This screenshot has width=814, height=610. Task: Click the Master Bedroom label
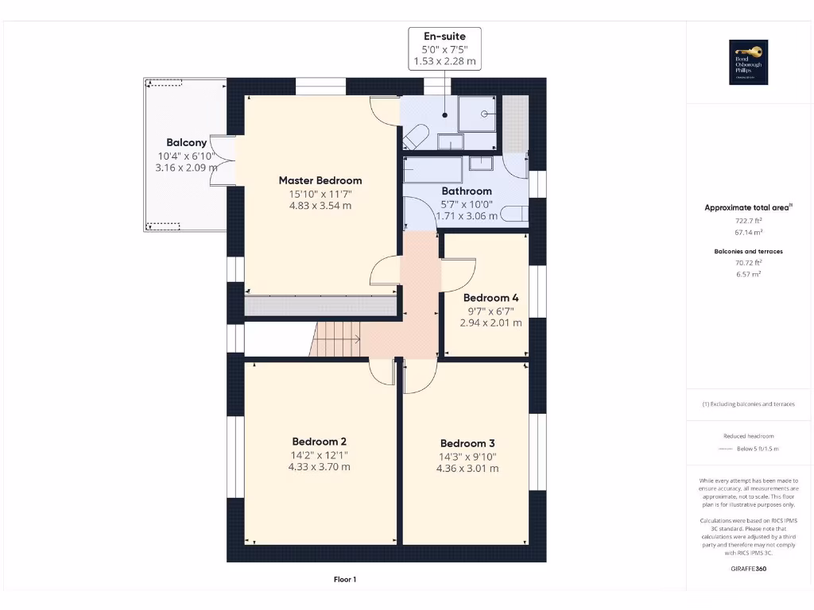(320, 180)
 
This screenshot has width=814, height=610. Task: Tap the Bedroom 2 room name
(319, 442)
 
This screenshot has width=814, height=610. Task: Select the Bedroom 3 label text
(467, 443)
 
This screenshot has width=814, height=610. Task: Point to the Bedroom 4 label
(490, 298)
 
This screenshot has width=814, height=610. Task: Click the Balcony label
(187, 143)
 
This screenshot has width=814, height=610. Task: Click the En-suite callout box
(444, 48)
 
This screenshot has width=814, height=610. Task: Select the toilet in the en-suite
(416, 137)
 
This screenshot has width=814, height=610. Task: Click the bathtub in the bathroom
(433, 169)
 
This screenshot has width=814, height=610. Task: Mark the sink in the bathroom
(480, 164)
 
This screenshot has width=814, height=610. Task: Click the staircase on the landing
(335, 339)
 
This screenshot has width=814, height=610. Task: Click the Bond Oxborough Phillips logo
(748, 62)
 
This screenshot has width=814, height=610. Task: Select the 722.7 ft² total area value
(747, 222)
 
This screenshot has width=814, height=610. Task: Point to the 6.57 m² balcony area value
(747, 273)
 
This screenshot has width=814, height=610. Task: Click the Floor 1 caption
(344, 580)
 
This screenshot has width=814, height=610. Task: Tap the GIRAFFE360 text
(747, 569)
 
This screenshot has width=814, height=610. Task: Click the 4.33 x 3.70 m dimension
(319, 467)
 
